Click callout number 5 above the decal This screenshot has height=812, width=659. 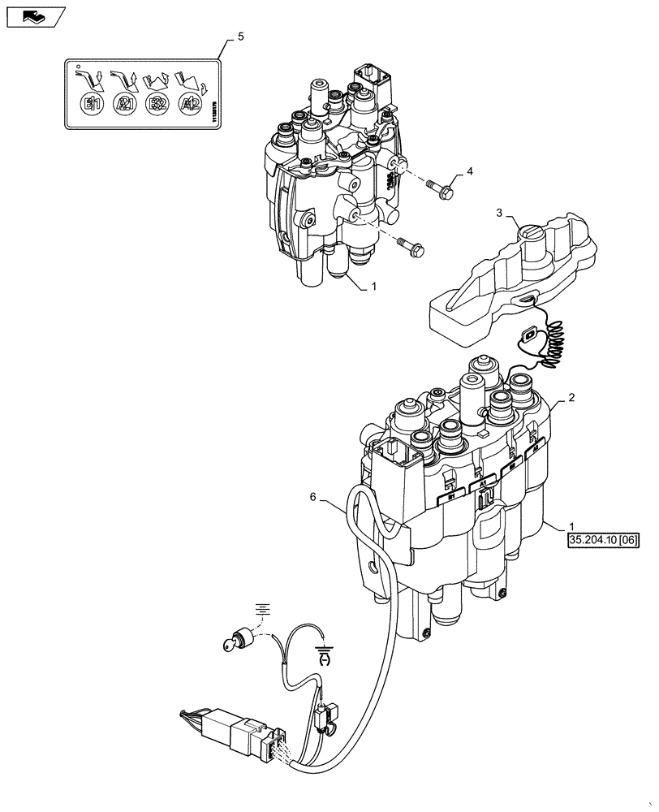(x=240, y=37)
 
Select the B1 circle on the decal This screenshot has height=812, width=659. (x=92, y=103)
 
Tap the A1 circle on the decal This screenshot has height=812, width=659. (x=124, y=103)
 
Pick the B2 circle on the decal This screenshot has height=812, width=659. (x=156, y=103)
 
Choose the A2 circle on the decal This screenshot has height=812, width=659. (x=189, y=103)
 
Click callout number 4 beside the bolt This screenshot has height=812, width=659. (x=469, y=173)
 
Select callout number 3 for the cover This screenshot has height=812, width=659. (x=500, y=213)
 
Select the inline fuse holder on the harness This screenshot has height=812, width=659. (x=325, y=715)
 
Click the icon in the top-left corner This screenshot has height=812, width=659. (x=32, y=15)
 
